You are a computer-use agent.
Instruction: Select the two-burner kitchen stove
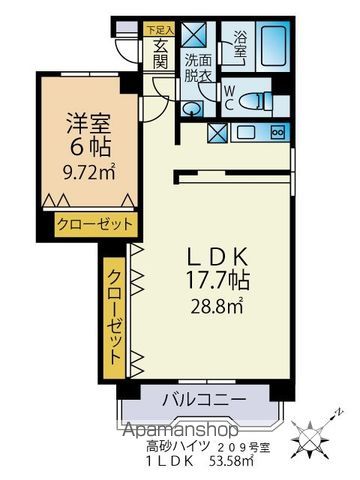[x=278, y=131]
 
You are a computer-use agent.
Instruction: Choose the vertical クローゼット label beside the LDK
[x=115, y=314]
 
